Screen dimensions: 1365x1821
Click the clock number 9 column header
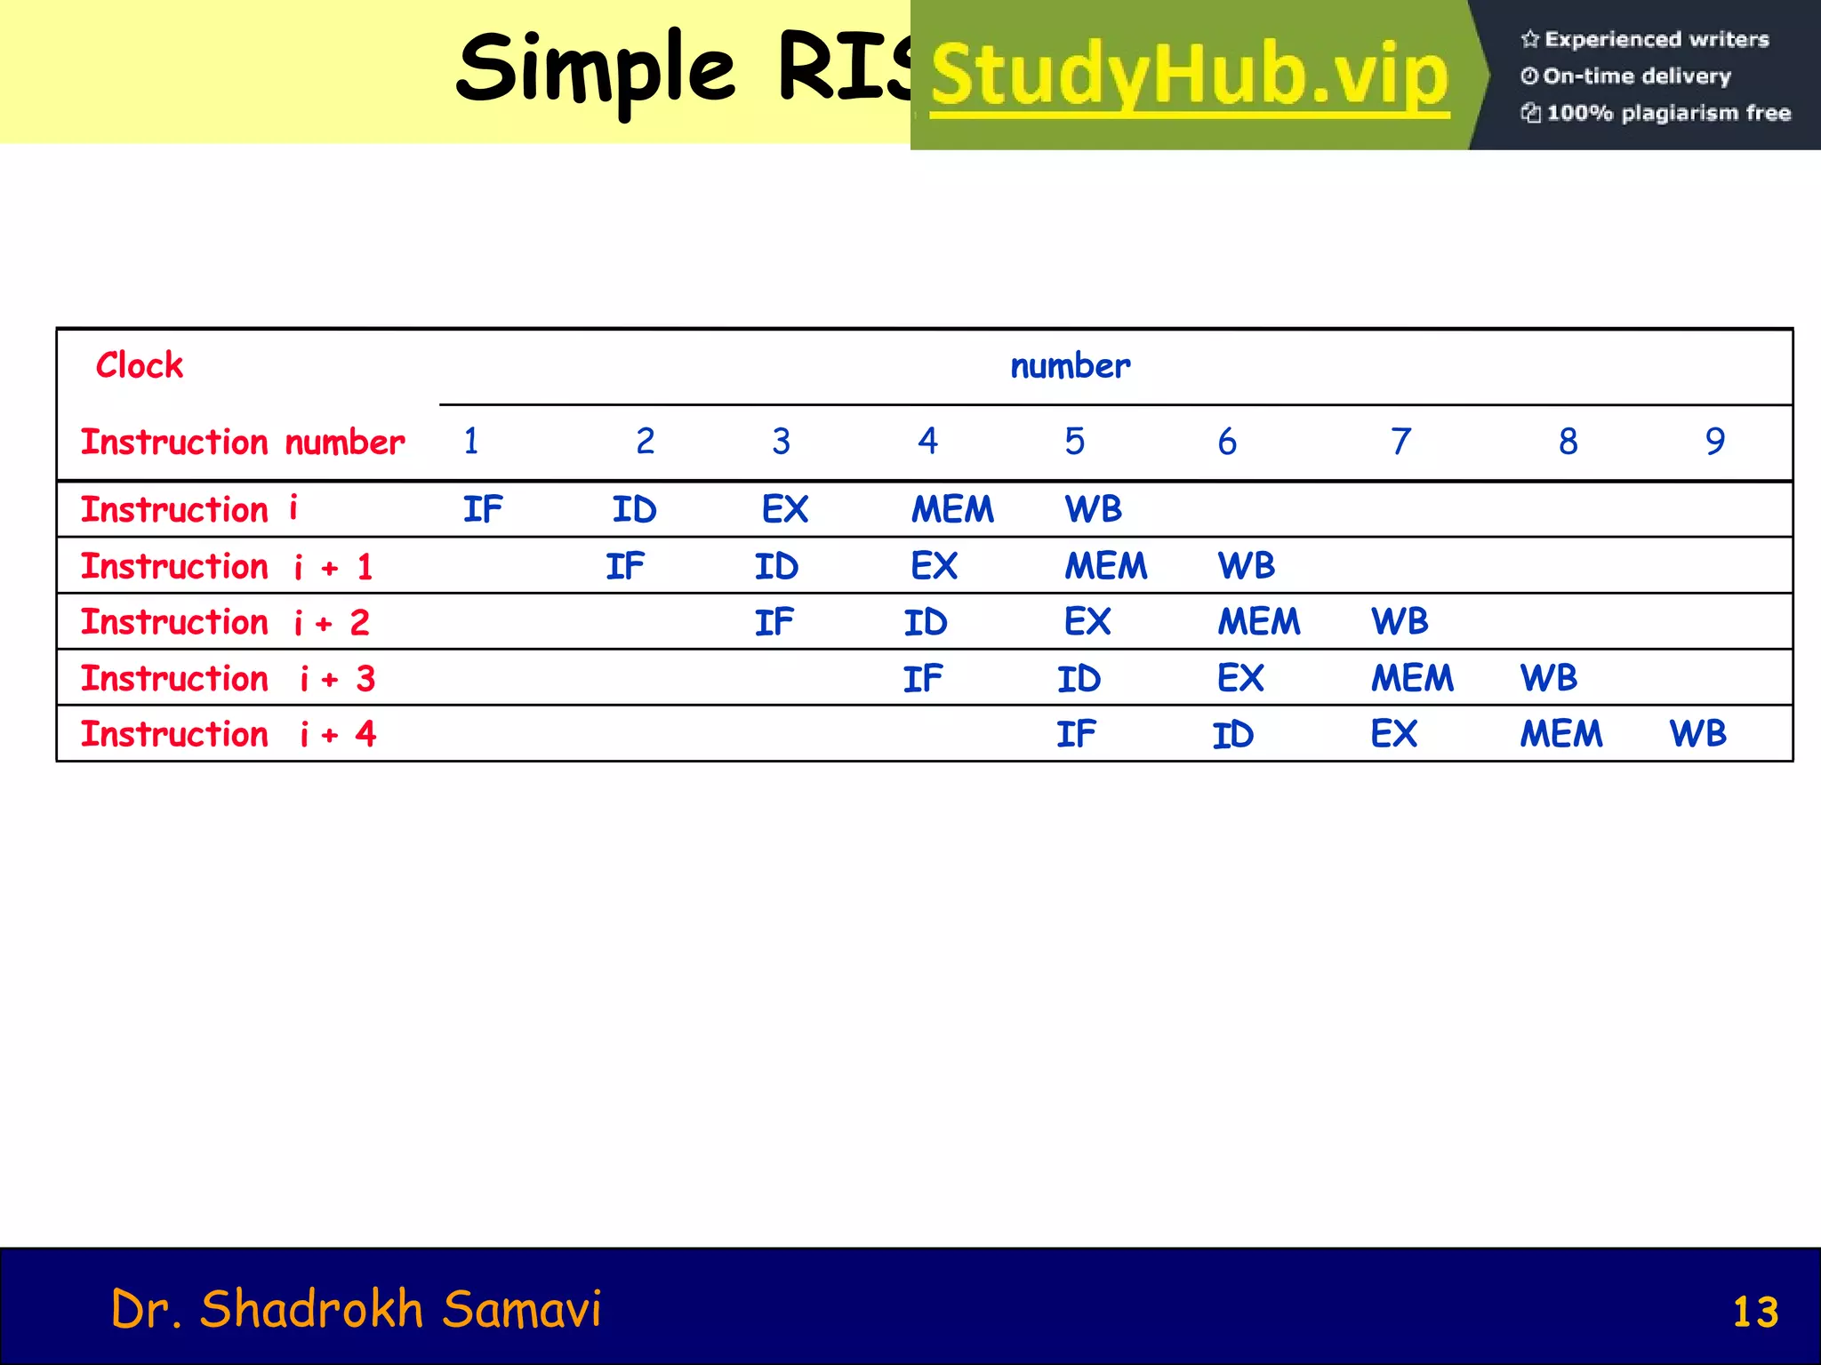(1715, 441)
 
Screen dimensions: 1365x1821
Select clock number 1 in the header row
(471, 441)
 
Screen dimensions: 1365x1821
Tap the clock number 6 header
(1227, 441)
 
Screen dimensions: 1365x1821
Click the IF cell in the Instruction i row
(483, 509)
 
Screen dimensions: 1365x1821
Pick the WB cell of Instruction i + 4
(1697, 734)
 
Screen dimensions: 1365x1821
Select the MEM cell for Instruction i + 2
(1258, 622)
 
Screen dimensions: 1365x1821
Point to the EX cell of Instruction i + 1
(934, 566)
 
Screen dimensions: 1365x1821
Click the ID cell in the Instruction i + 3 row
(1079, 679)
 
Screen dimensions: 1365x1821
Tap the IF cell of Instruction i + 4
(1076, 734)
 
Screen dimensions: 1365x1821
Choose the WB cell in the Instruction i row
(1093, 509)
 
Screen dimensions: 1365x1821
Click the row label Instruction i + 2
(225, 622)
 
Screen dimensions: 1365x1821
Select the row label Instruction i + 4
(229, 734)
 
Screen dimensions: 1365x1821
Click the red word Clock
(140, 365)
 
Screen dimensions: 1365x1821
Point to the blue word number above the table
(1071, 366)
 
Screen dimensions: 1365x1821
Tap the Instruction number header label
(243, 442)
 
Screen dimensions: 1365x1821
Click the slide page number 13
(1755, 1312)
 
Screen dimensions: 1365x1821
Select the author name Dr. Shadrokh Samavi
(356, 1309)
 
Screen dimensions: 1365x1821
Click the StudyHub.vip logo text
(1190, 76)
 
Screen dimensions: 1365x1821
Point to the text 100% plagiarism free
(1667, 113)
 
